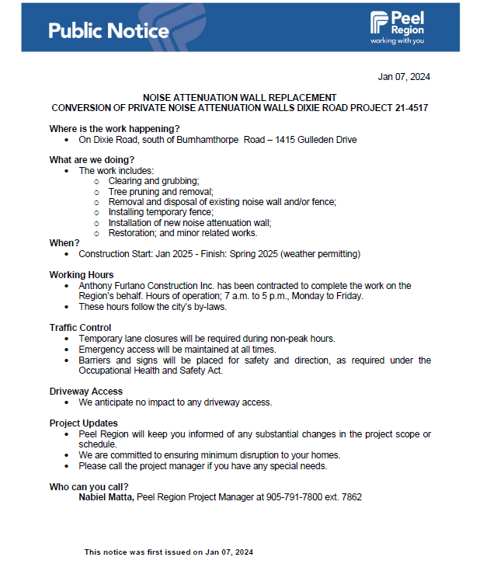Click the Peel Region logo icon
tap(379, 23)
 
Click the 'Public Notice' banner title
tap(108, 31)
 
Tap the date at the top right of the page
tap(404, 76)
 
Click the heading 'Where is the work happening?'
tap(115, 128)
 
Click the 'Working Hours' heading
tap(82, 275)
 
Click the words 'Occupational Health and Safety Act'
tap(149, 371)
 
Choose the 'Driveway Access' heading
tap(86, 392)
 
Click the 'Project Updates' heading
tap(84, 423)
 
